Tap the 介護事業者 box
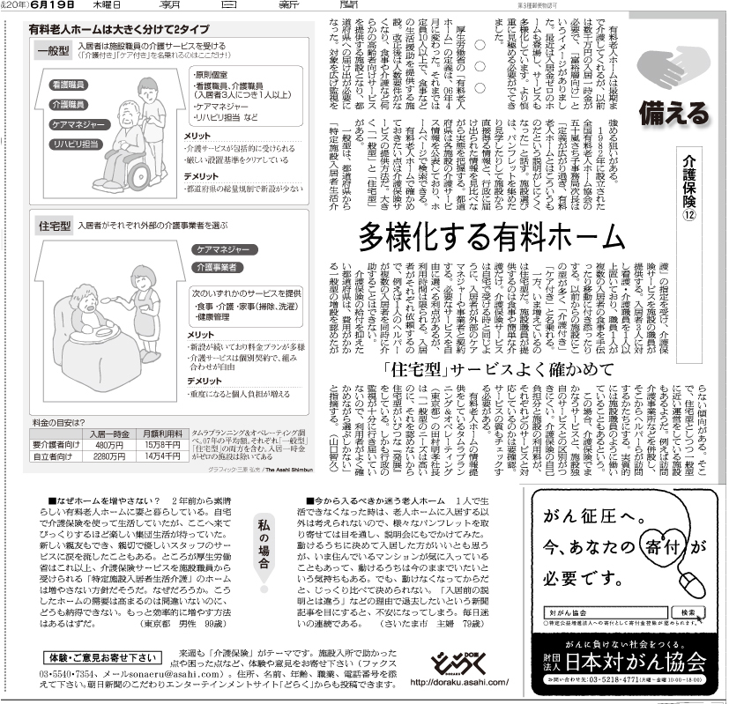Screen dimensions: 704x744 click(218, 266)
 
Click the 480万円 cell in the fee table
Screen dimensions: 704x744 click(110, 444)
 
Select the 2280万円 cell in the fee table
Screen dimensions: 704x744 click(110, 456)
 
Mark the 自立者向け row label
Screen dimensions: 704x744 click(54, 456)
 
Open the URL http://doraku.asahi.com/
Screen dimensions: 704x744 click(460, 682)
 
